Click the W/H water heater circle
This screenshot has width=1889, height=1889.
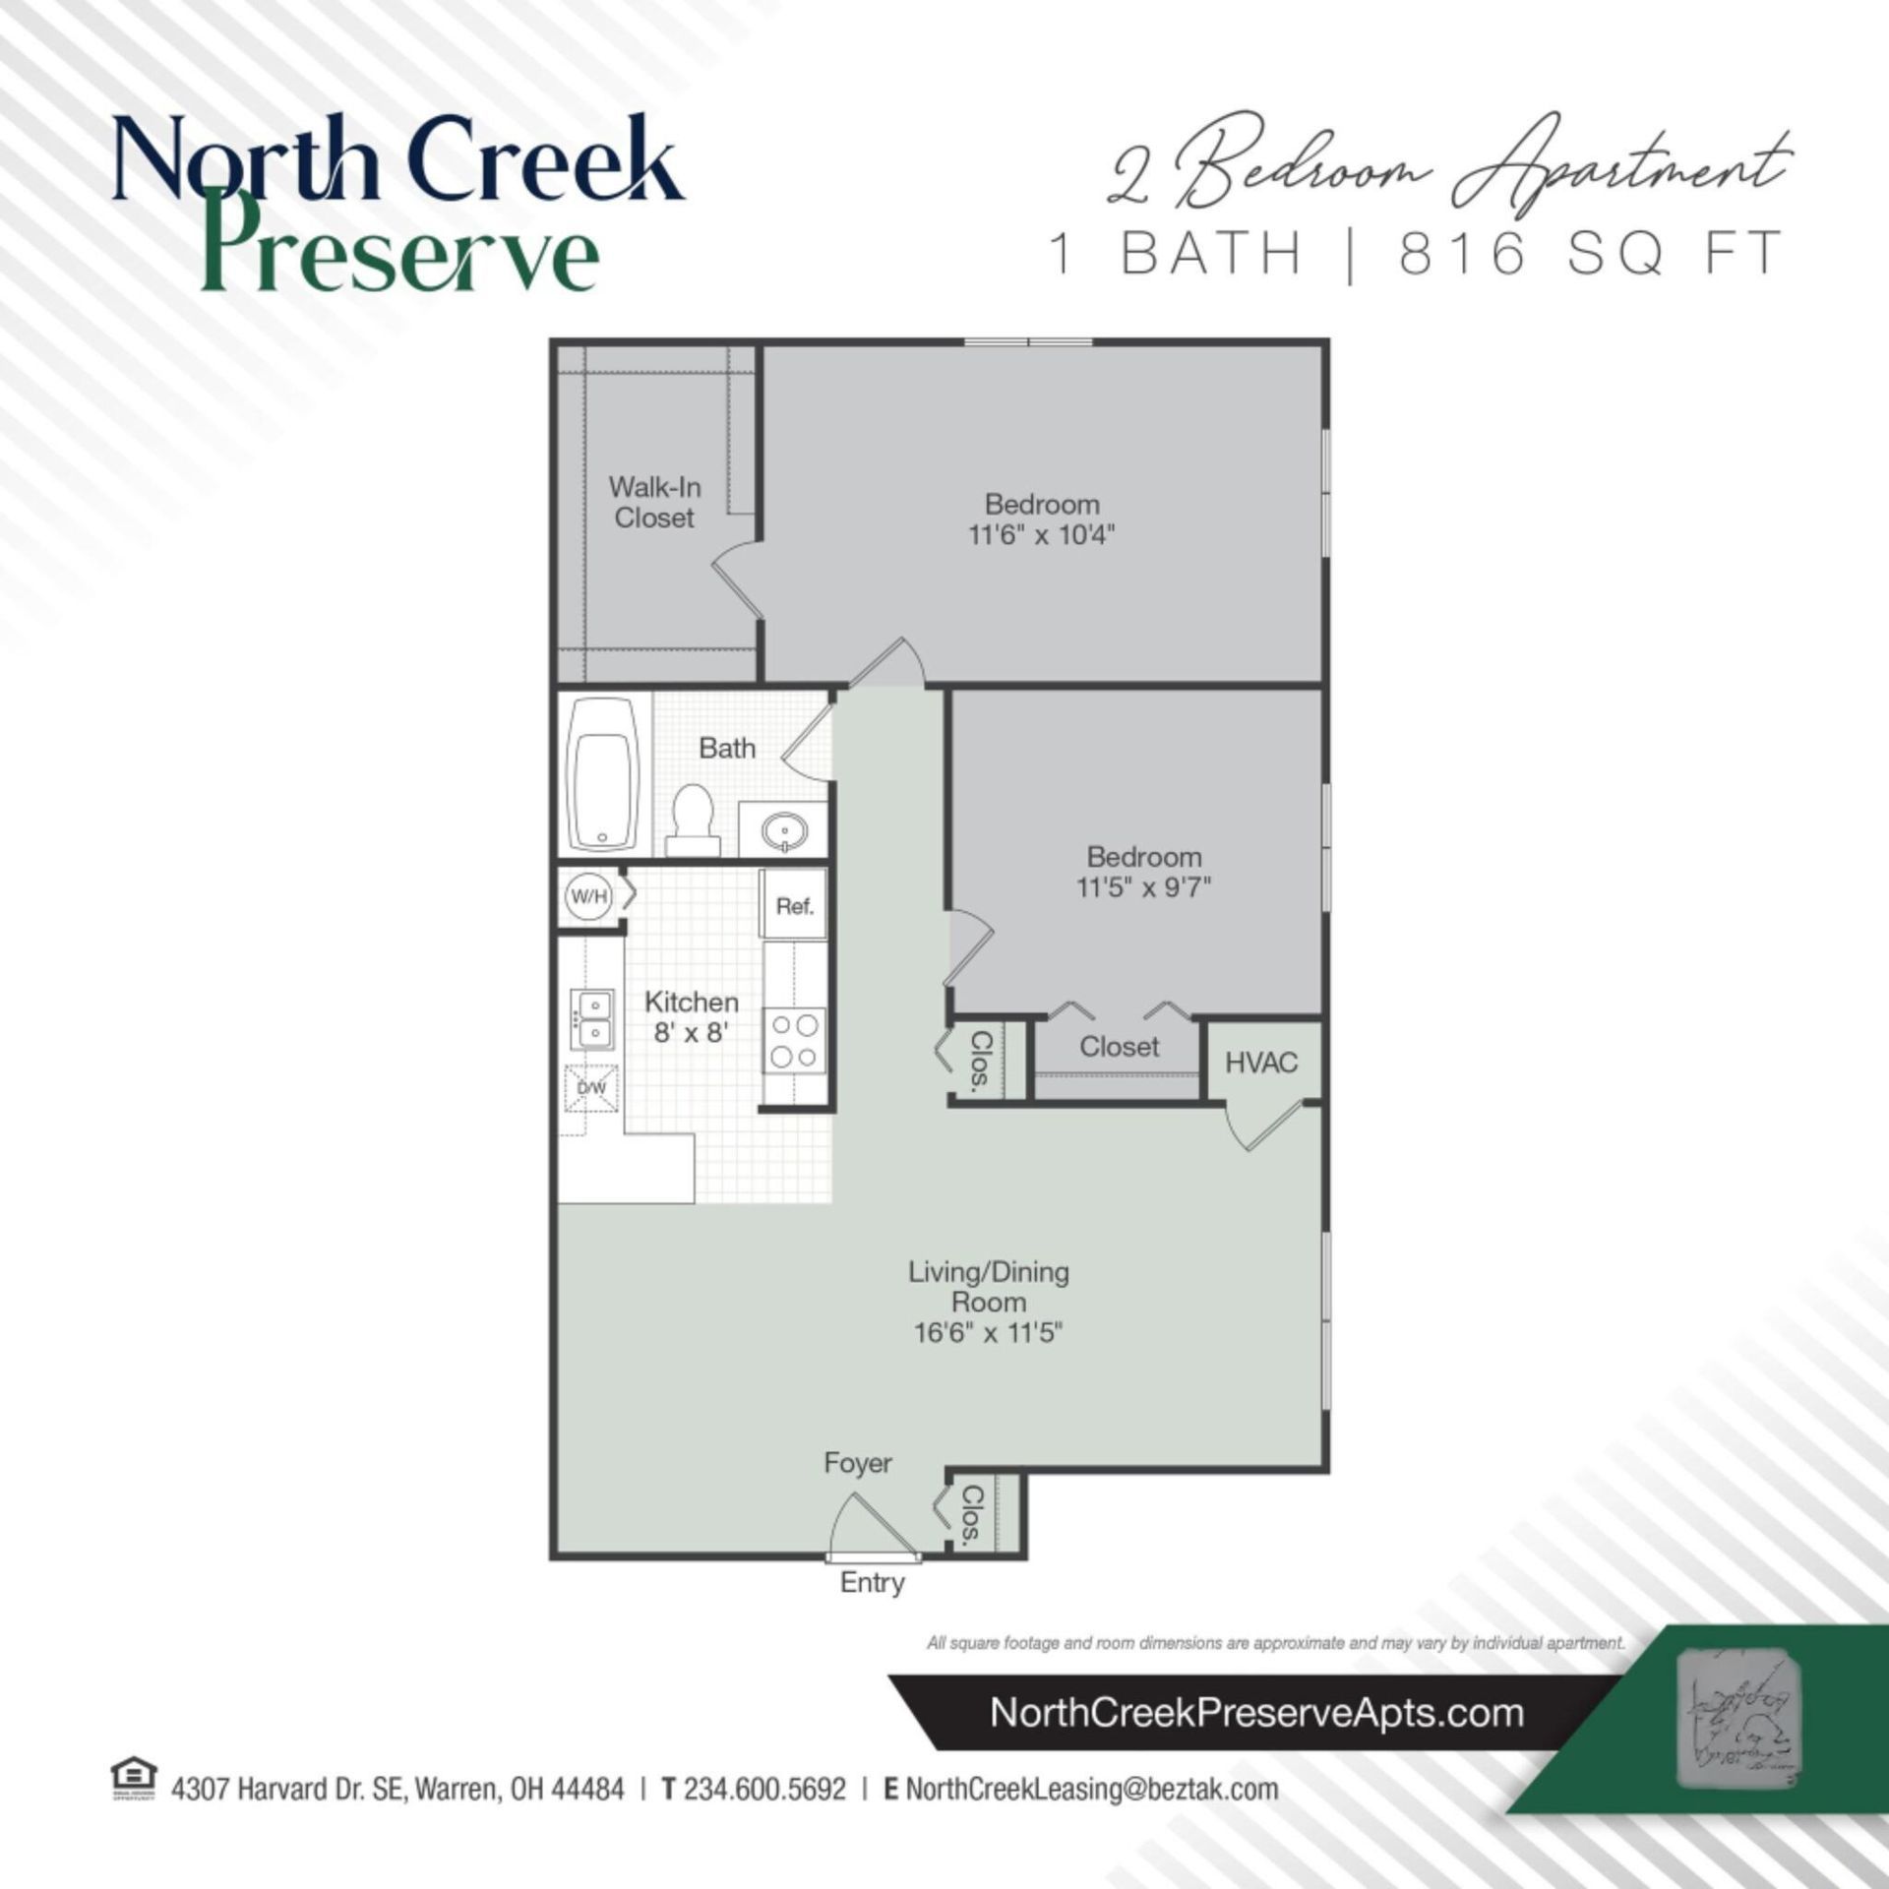(x=588, y=896)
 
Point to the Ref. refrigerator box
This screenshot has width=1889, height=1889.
(x=794, y=906)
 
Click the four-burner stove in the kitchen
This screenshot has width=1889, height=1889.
(x=795, y=1041)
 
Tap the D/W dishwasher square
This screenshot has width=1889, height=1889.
(x=590, y=1088)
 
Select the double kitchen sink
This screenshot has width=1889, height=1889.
(x=591, y=1019)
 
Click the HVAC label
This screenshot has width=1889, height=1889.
(x=1260, y=1063)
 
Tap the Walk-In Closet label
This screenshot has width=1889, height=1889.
(x=654, y=502)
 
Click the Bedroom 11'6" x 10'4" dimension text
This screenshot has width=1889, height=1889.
(x=1041, y=535)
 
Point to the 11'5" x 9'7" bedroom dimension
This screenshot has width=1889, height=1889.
(x=1143, y=887)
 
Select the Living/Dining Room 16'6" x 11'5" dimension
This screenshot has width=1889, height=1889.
(x=988, y=1333)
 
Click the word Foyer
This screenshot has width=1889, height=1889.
(x=858, y=1463)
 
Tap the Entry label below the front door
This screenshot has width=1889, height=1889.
(x=872, y=1583)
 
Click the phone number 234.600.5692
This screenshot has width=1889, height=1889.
(x=764, y=1789)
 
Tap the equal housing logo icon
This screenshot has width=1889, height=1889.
(x=135, y=1779)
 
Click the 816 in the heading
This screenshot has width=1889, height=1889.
(x=1463, y=253)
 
